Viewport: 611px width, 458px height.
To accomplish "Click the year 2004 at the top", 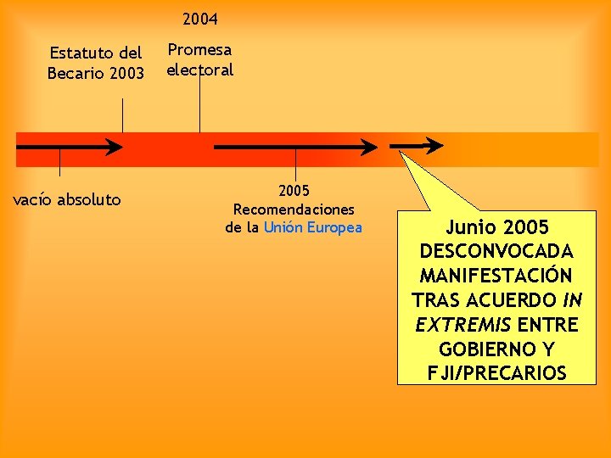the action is coord(200,18).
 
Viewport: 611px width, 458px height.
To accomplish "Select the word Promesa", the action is coord(199,50).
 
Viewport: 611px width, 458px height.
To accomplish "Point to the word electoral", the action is coord(199,70).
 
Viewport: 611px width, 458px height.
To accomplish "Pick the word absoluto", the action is coord(89,200).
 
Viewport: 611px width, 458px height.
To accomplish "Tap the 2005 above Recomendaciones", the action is coord(294,190).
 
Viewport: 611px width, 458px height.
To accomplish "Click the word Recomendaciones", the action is coord(294,209).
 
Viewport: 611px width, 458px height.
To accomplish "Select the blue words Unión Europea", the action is coord(312,227).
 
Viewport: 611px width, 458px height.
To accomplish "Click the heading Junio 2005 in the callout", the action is coord(497,227).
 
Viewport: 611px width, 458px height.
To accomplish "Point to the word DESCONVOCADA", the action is coord(496,252).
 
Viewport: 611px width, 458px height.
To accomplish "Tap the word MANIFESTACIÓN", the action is coord(496,276).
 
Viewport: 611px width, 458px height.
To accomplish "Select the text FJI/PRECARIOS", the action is coord(496,373).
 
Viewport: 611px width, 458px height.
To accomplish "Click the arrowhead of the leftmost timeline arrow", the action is coord(115,146).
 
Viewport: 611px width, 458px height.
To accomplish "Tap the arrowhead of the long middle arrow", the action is coord(369,147).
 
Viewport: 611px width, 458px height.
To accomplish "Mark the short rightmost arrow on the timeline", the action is coord(418,146).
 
